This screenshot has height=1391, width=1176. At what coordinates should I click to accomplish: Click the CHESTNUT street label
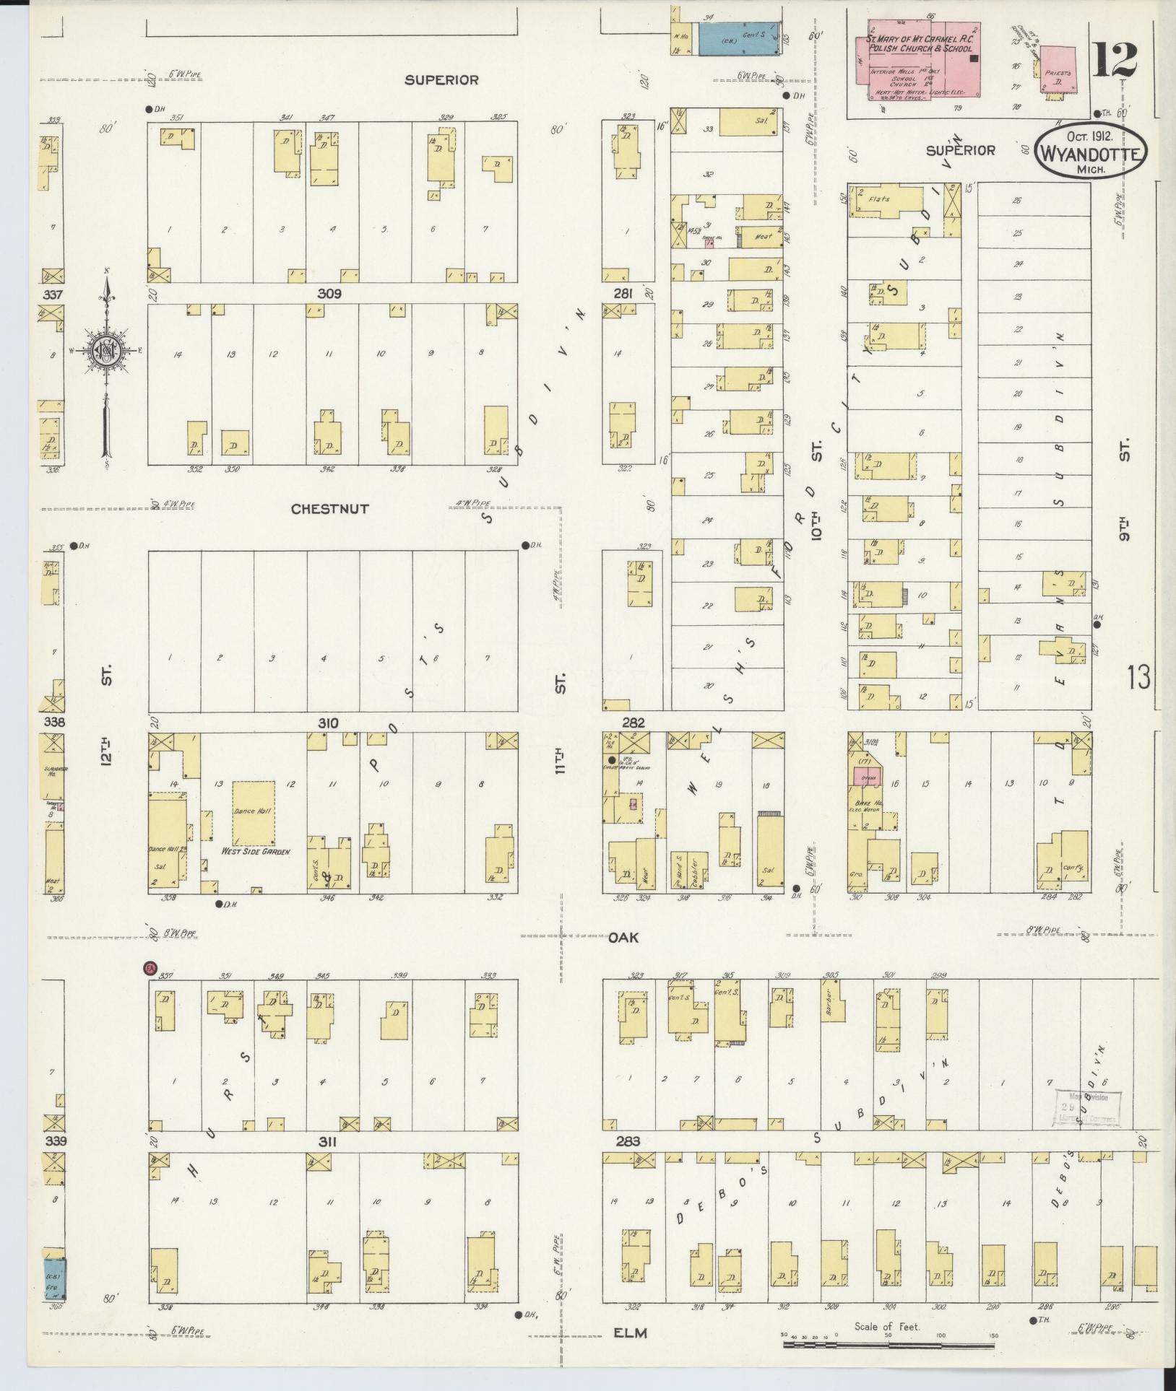pos(329,509)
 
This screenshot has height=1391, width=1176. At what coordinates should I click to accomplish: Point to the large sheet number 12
pos(1115,61)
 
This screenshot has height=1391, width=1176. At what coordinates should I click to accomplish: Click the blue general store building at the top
pos(737,38)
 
